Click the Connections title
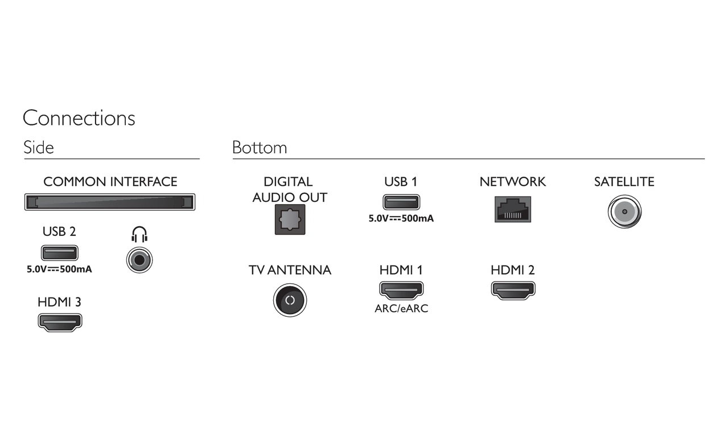[79, 118]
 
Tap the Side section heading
[39, 148]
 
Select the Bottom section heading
[260, 148]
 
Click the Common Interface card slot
[110, 202]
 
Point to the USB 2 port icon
[59, 253]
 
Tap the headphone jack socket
[139, 260]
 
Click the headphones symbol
[139, 235]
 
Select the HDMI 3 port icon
[60, 322]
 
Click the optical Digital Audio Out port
[290, 219]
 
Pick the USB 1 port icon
[401, 202]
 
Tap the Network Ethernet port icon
[513, 209]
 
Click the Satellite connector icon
[624, 211]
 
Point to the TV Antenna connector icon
[290, 300]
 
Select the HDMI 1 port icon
[401, 290]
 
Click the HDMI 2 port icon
[513, 290]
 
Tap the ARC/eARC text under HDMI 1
[401, 308]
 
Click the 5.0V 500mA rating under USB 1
[401, 218]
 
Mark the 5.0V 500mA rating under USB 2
[59, 270]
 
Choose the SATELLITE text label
[624, 182]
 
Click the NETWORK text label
[513, 182]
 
